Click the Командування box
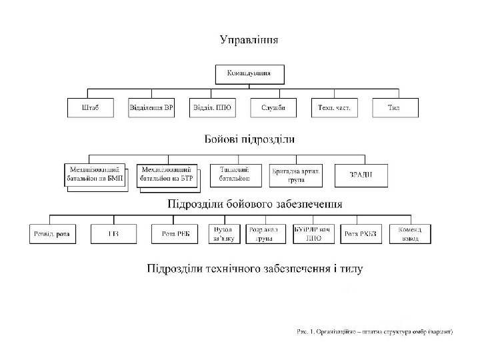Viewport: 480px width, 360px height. pos(249,74)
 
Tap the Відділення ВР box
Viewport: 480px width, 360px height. pos(151,108)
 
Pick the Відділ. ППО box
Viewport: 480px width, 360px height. pos(212,108)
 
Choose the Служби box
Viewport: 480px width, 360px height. pos(273,108)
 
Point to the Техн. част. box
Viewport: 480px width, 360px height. pos(334,108)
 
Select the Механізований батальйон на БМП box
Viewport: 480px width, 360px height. pos(95,175)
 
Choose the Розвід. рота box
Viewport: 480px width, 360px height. pos(53,233)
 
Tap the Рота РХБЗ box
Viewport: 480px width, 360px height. pos(359,233)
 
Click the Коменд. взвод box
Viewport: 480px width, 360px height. pos(410,233)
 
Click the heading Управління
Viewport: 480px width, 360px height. pos(249,39)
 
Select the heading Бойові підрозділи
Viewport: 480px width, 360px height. pos(249,139)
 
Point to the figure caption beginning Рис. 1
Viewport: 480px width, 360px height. pos(375,331)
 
